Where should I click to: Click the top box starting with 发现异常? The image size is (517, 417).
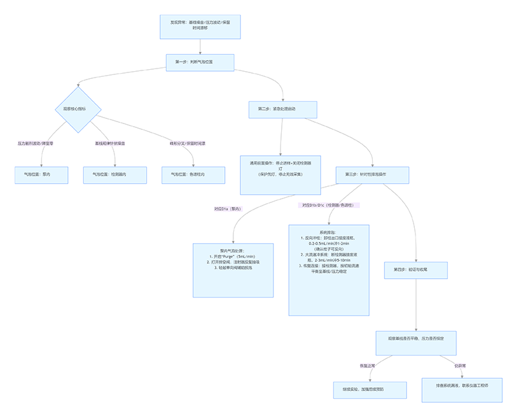200,25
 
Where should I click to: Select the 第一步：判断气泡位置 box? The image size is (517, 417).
200,62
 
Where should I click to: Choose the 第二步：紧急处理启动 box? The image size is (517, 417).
282,109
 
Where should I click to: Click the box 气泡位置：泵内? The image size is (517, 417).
41,175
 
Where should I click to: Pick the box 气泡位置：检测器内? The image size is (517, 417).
114,175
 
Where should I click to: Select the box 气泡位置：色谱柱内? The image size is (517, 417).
193,175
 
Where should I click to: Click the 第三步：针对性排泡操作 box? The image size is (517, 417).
372,175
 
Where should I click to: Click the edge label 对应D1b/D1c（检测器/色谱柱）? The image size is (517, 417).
330,205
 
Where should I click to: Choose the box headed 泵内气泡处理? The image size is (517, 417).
234,270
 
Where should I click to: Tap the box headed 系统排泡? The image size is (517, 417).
328,270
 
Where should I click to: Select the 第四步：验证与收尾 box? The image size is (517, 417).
416,270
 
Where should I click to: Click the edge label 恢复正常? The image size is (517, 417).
368,366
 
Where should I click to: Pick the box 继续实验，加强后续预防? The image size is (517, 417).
365,390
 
